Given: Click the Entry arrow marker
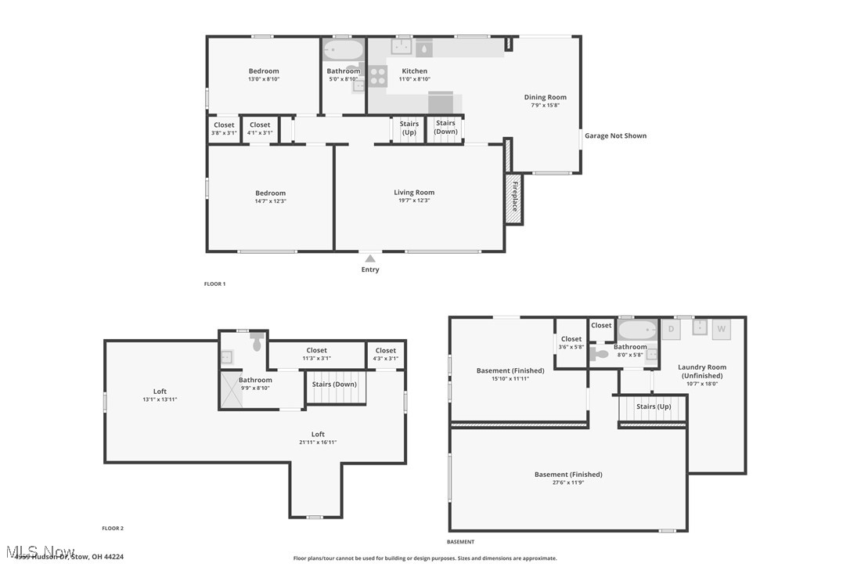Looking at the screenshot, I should [x=370, y=258].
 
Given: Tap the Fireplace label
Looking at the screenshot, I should [x=514, y=196].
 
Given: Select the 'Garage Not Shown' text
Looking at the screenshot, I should [x=616, y=135].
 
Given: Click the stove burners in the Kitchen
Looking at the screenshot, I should [x=378, y=75].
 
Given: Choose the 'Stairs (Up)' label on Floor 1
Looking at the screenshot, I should [x=409, y=128].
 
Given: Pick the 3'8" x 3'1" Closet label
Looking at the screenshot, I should [x=224, y=128].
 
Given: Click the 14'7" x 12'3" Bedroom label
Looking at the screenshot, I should [x=271, y=197].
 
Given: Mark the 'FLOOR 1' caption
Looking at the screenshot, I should [x=214, y=283].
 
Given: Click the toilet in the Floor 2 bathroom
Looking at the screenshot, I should [x=258, y=342].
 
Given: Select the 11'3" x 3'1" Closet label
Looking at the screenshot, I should [x=316, y=354].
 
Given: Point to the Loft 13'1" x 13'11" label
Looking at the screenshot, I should [x=160, y=395].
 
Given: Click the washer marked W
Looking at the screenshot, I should [x=721, y=329].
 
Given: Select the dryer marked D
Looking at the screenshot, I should [x=671, y=329].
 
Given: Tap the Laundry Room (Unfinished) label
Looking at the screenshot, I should [x=702, y=375].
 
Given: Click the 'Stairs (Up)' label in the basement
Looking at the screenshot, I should [x=653, y=406].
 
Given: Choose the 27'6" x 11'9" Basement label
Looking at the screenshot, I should [x=568, y=478].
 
